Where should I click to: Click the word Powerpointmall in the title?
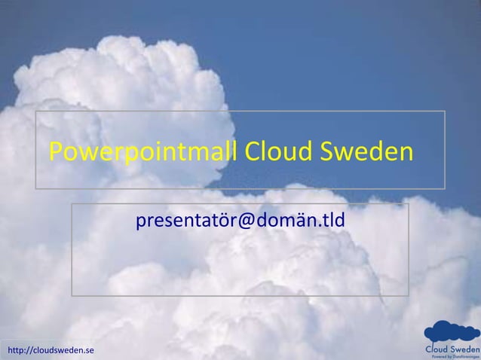143,154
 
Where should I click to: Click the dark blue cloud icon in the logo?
450,332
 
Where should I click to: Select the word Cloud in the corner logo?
439,349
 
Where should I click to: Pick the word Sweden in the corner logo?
465,349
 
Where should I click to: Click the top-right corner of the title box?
445,111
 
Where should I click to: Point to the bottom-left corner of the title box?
36,188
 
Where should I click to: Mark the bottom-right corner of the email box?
409,295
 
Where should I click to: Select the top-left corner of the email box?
72,203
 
